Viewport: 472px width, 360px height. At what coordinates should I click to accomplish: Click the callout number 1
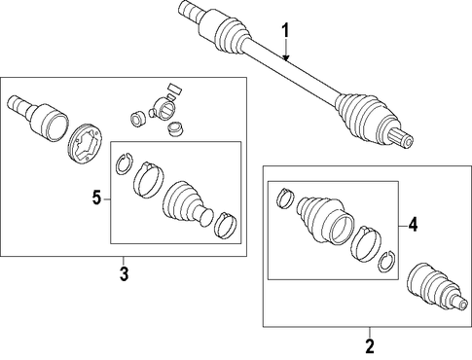click(x=285, y=32)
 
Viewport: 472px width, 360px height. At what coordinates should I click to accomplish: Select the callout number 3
click(x=124, y=273)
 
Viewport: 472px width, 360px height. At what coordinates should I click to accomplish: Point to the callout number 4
click(x=413, y=224)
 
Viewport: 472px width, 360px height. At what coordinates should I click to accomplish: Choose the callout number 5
click(x=96, y=198)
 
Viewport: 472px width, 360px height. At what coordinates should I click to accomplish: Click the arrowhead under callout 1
click(x=285, y=57)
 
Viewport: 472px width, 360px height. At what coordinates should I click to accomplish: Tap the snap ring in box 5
click(x=124, y=163)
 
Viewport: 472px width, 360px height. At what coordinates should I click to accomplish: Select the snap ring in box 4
click(x=387, y=262)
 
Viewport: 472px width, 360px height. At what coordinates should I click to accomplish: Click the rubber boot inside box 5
click(x=187, y=202)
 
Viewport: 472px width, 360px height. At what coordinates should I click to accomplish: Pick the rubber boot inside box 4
click(x=324, y=219)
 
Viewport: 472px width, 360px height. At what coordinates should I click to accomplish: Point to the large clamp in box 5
click(x=148, y=179)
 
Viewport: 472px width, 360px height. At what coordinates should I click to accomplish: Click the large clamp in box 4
click(x=366, y=242)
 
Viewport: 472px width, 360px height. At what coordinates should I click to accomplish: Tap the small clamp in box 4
click(x=285, y=198)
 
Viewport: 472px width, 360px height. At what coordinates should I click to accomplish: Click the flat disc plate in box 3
click(x=85, y=146)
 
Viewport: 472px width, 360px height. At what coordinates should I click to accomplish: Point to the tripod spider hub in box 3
click(x=163, y=110)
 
